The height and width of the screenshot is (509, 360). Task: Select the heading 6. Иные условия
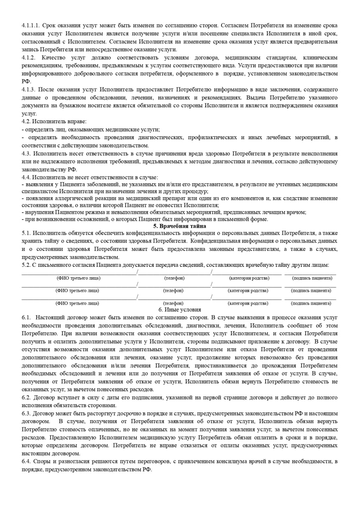click(179, 309)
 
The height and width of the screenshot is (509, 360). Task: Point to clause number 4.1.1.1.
click(31, 25)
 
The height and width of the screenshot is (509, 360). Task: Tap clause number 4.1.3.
click(29, 89)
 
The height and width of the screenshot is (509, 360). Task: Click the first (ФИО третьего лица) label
click(78, 278)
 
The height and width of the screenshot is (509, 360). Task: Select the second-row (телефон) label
click(173, 291)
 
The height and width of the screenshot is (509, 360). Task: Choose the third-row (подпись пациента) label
click(311, 303)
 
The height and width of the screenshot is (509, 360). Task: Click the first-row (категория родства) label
click(249, 278)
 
